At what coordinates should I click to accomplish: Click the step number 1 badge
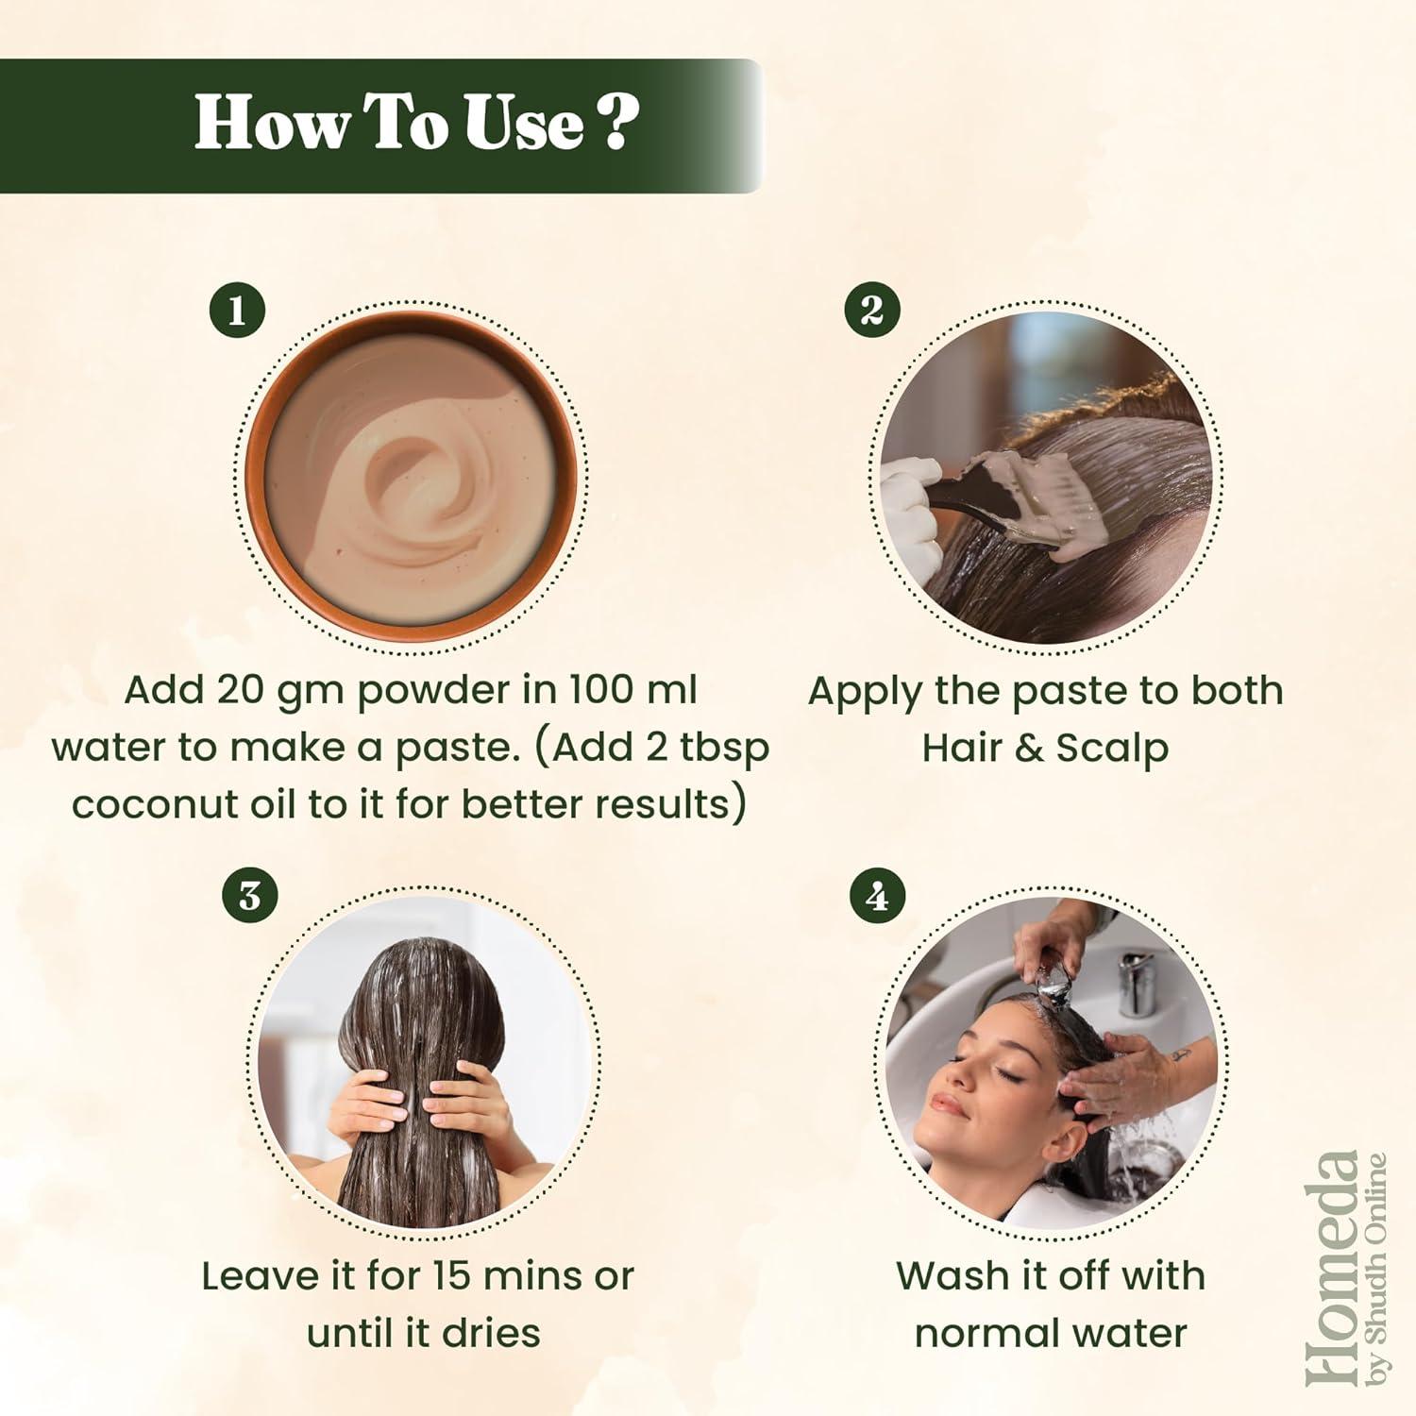tap(236, 311)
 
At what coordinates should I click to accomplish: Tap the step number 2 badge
tap(872, 310)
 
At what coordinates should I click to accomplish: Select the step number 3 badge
tap(250, 896)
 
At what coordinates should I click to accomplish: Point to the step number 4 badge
tap(878, 896)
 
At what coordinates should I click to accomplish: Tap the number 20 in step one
tap(241, 690)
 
